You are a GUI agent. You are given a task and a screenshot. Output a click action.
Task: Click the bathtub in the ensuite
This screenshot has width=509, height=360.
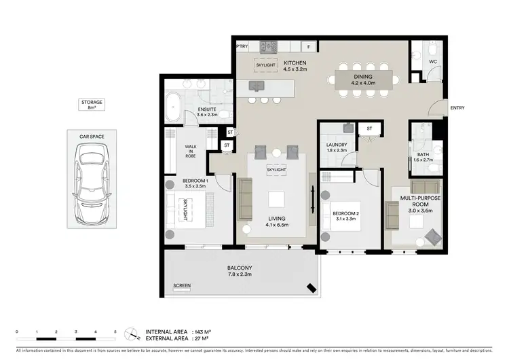(174, 107)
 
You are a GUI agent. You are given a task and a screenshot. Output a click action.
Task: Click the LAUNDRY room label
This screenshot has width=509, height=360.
(337, 145)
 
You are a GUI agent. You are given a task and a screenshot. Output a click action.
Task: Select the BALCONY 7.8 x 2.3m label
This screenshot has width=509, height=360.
(239, 272)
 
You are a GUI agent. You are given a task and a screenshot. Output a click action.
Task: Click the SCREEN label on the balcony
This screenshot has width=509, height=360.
(182, 285)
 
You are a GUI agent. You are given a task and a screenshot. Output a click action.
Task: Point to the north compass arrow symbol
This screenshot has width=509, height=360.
(130, 333)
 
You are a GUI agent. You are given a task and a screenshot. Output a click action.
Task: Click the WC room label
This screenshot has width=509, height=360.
(432, 62)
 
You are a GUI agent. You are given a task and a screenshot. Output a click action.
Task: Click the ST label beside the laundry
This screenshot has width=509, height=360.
(369, 128)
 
